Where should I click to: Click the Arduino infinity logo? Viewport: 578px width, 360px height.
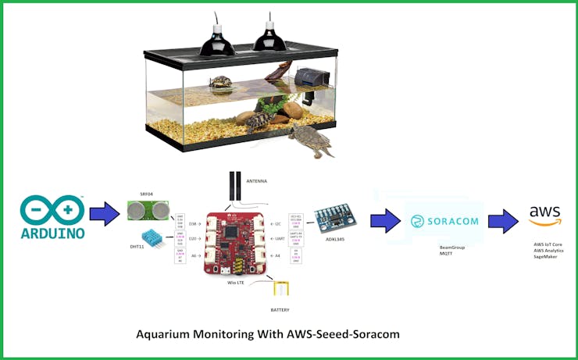point(52,209)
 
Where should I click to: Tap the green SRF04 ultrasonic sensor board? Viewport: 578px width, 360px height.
point(148,210)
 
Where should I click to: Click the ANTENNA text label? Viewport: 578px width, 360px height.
point(257,181)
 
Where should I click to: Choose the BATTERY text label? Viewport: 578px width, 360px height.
point(280,310)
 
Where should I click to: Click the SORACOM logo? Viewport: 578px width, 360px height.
point(444,222)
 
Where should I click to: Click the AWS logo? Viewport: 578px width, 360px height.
point(544,215)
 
